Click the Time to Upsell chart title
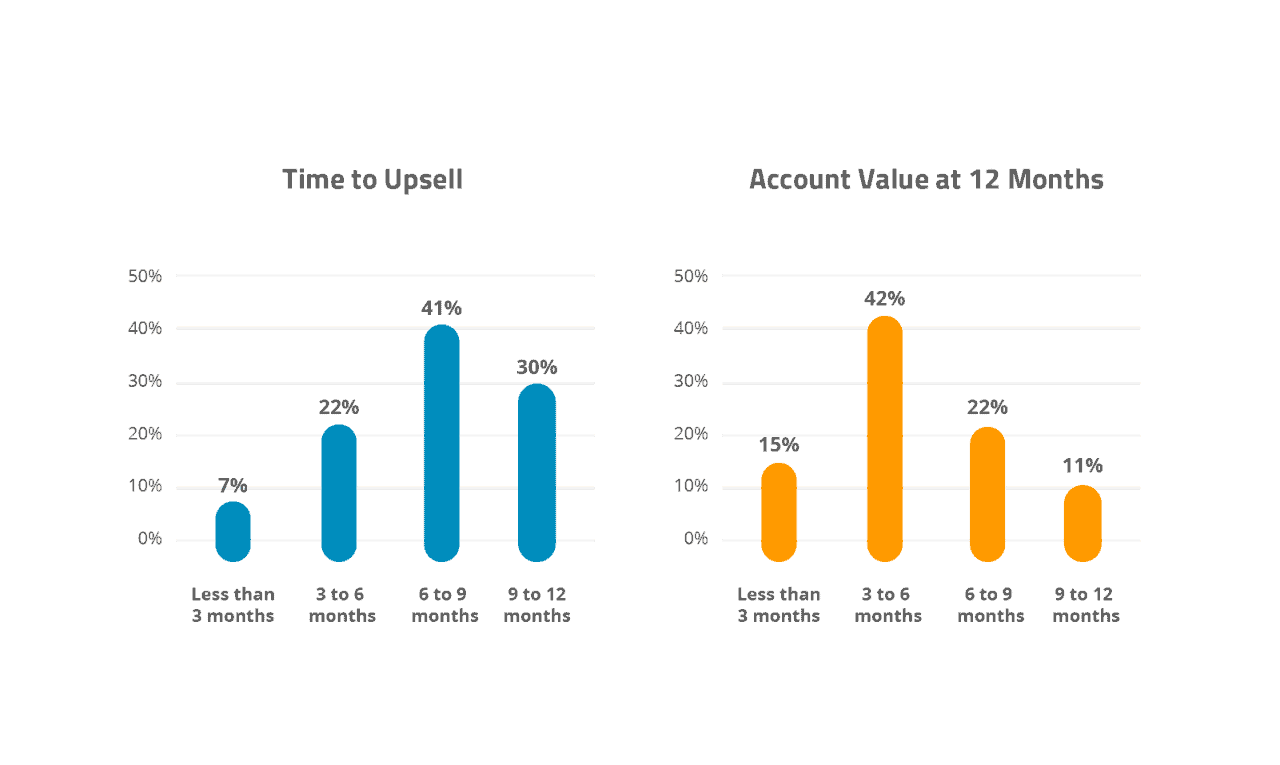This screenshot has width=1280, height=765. click(372, 180)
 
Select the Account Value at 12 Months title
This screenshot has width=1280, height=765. click(926, 180)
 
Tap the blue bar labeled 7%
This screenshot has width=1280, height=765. click(233, 531)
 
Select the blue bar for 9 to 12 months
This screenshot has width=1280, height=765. click(537, 472)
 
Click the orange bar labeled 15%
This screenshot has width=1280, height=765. click(779, 511)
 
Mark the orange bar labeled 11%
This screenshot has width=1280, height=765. click(1082, 523)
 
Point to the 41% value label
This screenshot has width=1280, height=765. click(441, 308)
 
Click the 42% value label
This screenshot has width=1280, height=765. click(884, 299)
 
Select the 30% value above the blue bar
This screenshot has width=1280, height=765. click(537, 367)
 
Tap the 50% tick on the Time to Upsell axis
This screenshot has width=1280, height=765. click(145, 276)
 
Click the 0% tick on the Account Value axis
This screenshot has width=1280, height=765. click(695, 539)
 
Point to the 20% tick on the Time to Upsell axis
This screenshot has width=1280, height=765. click(145, 434)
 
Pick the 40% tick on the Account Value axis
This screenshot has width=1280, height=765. click(691, 328)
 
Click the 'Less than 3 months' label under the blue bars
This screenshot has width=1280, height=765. click(233, 605)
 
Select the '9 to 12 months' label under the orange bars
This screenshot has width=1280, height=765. click(1086, 605)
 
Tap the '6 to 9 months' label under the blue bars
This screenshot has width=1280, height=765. click(445, 605)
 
